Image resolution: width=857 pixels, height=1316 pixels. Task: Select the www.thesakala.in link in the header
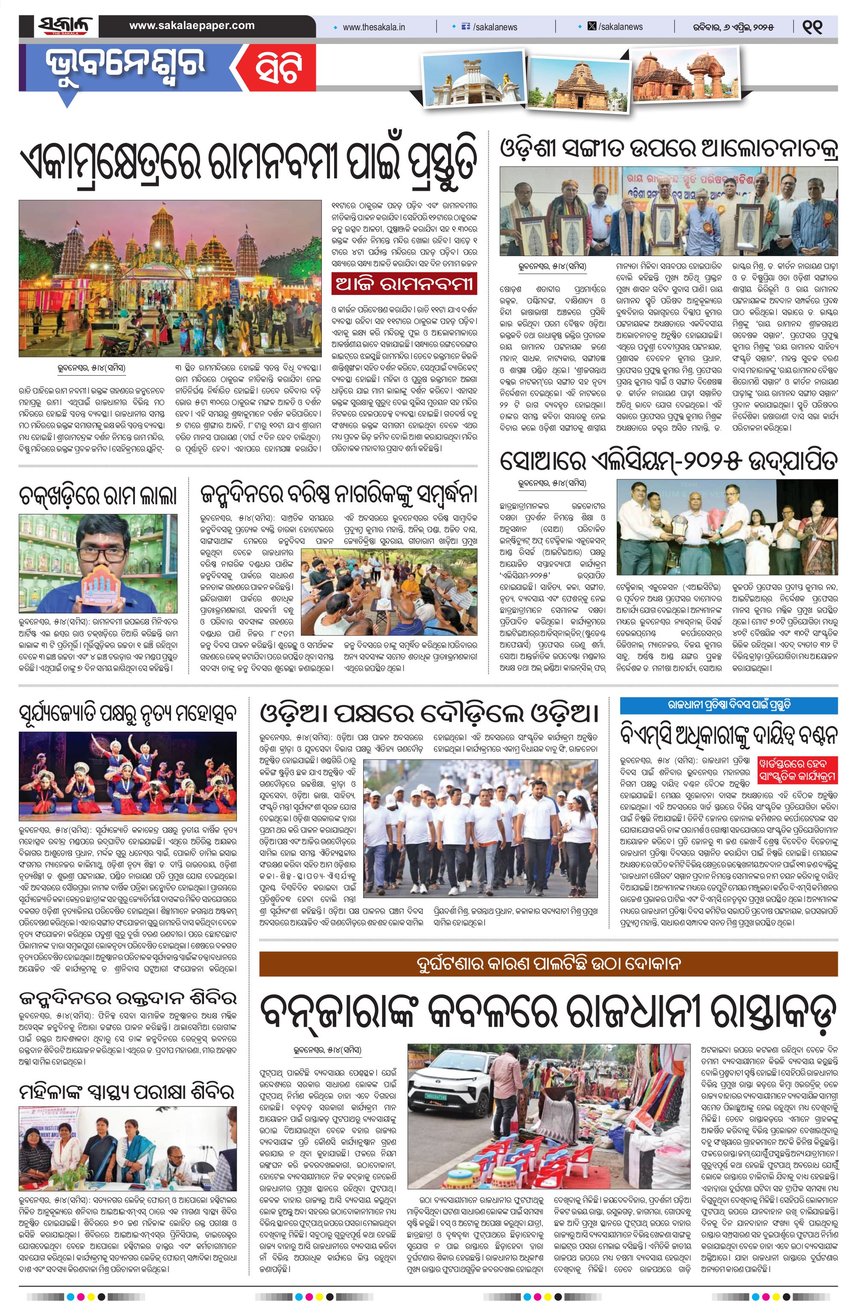[373, 27]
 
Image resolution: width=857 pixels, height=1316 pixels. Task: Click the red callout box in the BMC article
[796, 770]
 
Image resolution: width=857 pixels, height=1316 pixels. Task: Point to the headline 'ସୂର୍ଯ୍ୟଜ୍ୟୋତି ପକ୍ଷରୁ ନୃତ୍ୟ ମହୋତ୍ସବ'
[128, 714]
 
